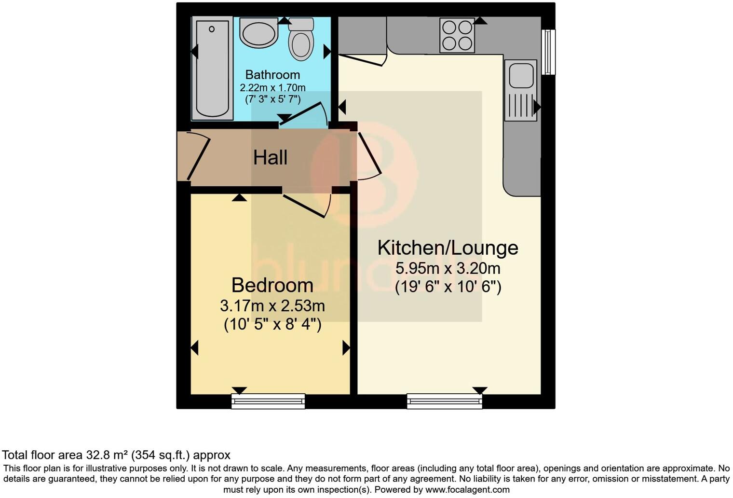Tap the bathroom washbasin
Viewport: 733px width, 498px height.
pos(259,33)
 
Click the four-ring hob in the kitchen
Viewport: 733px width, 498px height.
pos(457,35)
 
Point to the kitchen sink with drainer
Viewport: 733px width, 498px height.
pos(520,90)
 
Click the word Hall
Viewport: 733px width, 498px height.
pos(270,158)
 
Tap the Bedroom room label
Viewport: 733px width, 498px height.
pos(272,285)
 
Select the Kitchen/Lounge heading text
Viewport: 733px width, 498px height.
pos(448,248)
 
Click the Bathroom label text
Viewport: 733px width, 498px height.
pos(272,75)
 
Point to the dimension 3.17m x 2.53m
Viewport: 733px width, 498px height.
pos(272,306)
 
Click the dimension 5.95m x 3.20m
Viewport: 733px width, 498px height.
pos(448,268)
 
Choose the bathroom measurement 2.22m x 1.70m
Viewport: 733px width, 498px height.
pos(272,88)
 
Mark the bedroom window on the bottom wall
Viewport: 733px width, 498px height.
pos(268,401)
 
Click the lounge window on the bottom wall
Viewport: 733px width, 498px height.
pos(444,401)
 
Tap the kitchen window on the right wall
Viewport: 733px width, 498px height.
pos(548,52)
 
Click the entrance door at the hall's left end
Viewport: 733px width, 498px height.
pos(198,155)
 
